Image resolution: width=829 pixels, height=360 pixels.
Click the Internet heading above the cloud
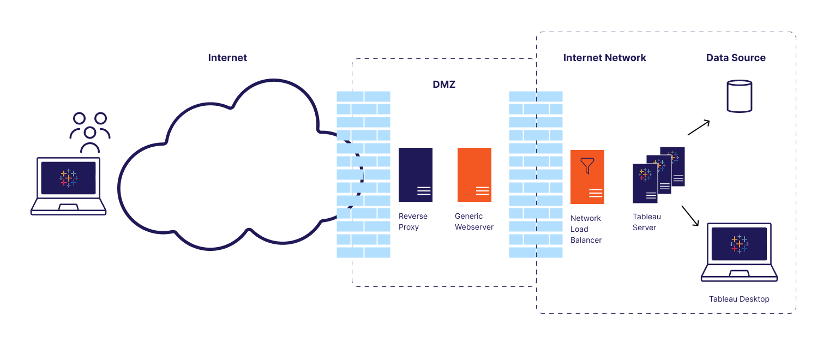coord(227,58)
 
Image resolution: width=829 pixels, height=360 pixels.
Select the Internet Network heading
coord(604,58)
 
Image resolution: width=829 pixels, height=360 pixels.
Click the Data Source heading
coord(736,58)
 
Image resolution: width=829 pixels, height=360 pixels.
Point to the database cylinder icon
coord(740,96)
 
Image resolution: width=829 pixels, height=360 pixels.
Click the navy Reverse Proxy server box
coord(416,175)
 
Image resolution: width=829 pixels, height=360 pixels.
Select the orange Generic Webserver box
coord(474,175)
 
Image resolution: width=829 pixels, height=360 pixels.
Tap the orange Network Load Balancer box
coord(587,177)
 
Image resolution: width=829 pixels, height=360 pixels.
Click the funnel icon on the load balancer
coord(587,165)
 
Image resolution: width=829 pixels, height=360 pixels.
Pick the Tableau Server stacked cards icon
coord(658,175)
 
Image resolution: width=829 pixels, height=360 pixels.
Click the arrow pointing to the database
coord(699,127)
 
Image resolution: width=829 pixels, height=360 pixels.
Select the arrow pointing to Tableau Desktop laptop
coord(690,215)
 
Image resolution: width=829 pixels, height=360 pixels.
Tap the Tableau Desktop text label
coord(739,299)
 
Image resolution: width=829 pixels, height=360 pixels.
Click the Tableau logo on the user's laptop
coord(69,178)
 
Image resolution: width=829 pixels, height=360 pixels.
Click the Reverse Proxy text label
coord(413,221)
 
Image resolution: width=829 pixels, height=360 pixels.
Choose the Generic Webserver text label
coord(474,221)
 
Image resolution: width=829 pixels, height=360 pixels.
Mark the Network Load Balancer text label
coord(586,229)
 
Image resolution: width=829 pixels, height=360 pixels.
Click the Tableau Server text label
coord(647,222)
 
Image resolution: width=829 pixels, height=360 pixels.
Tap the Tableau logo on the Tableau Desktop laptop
coord(739,244)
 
